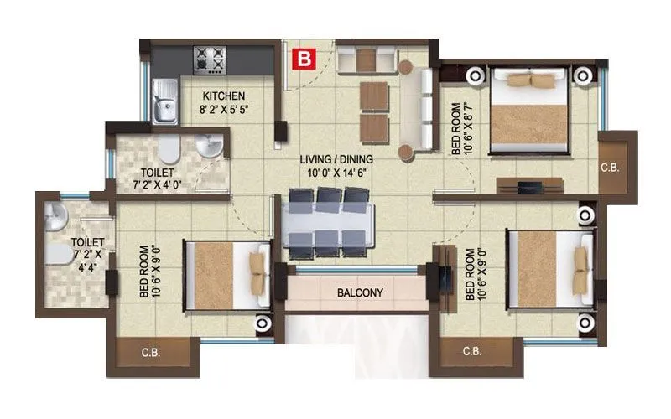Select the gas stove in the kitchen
pyautogui.click(x=211, y=59)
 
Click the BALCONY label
pyautogui.click(x=360, y=292)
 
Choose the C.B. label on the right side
pyautogui.click(x=610, y=168)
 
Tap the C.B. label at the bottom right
pyautogui.click(x=471, y=352)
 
